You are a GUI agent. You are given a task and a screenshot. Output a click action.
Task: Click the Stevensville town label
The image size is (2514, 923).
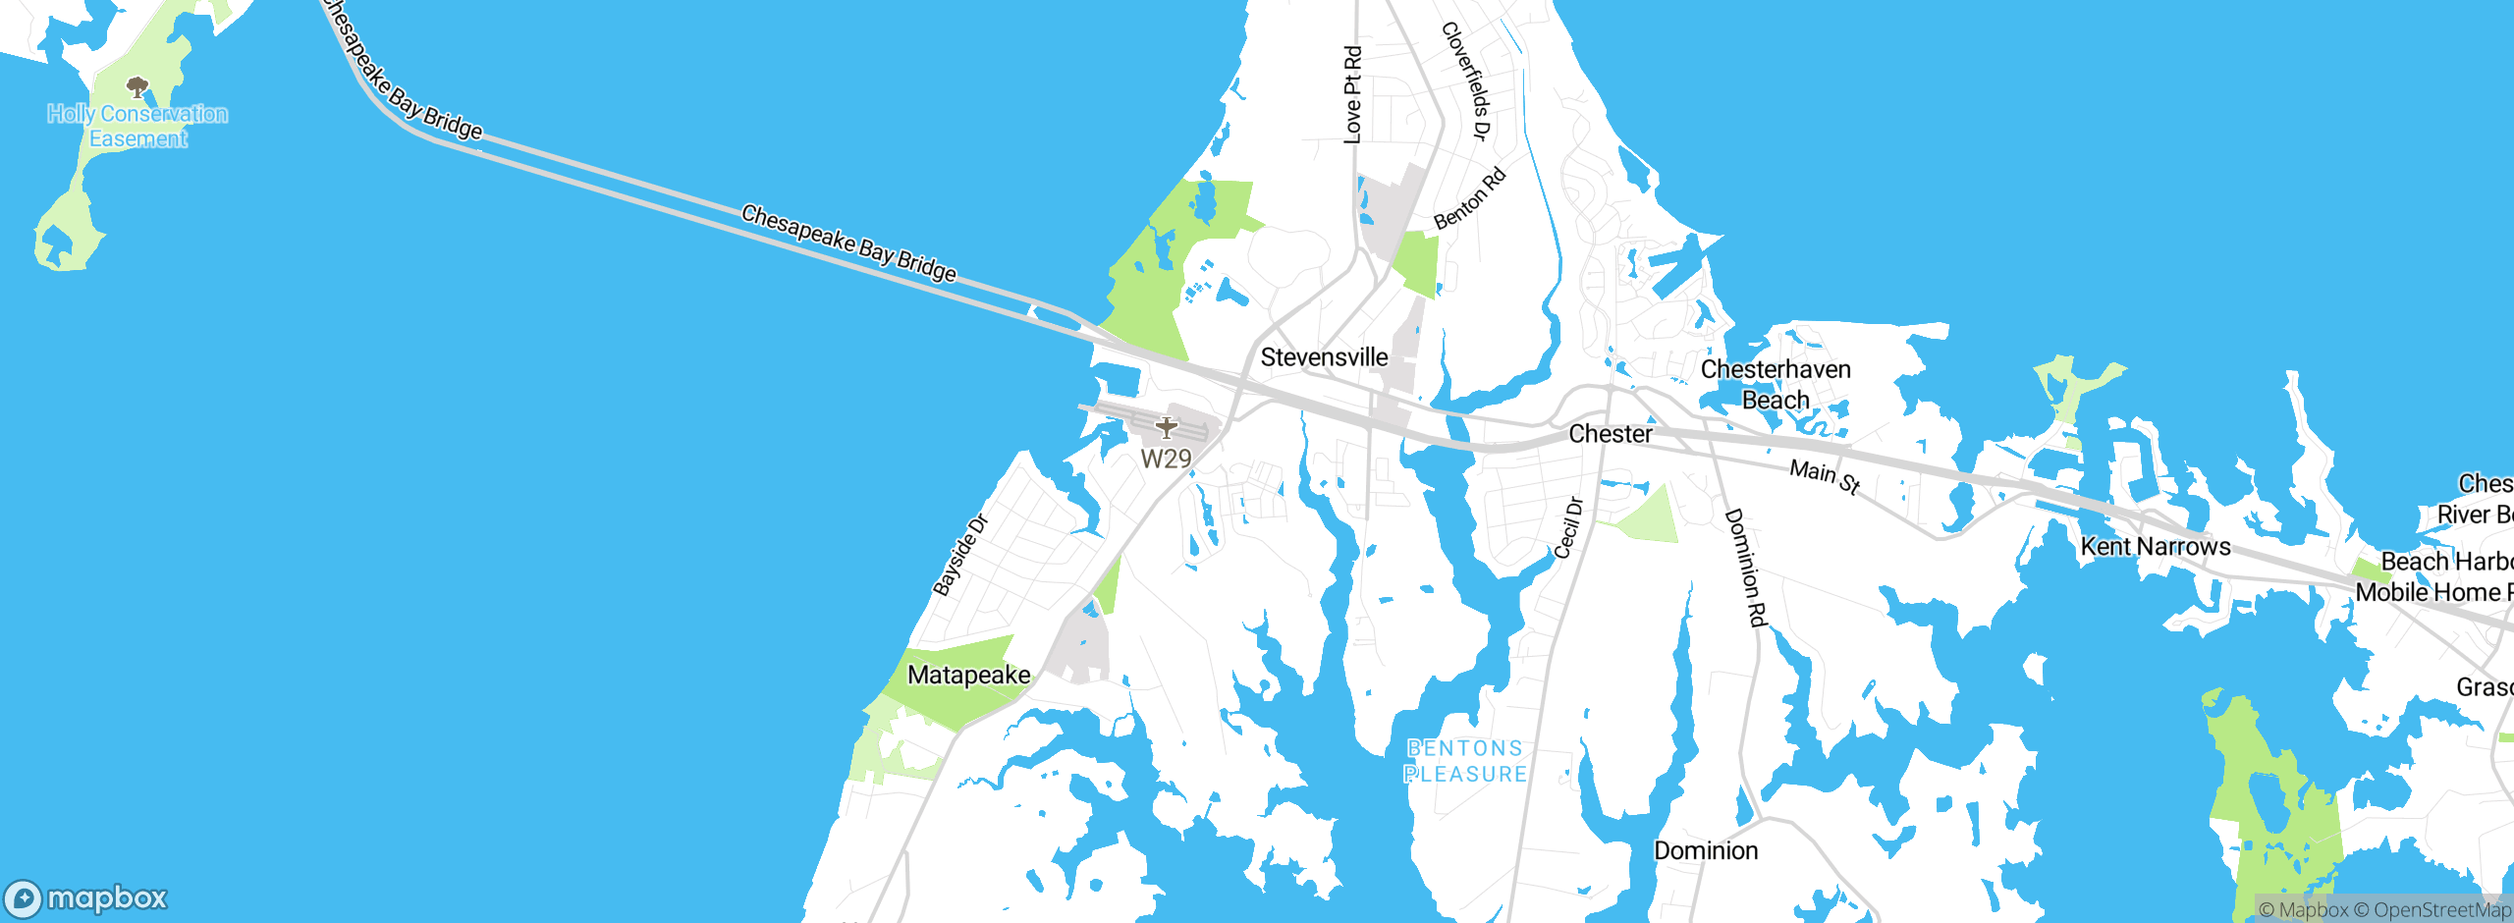click(1324, 357)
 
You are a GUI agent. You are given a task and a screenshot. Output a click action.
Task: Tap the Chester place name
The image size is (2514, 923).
click(1611, 434)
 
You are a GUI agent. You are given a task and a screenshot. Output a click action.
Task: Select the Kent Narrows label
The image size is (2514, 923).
click(2156, 547)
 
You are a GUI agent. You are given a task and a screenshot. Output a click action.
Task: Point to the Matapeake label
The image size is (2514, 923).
click(968, 676)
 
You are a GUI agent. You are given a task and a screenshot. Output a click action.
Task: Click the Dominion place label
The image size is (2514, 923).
click(1706, 850)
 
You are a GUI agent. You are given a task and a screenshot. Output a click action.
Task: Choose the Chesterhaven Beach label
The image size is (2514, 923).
click(1776, 385)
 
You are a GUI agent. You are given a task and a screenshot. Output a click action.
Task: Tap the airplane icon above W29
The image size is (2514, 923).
click(1166, 428)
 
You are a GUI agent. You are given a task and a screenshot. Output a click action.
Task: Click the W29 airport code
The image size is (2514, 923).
click(1166, 459)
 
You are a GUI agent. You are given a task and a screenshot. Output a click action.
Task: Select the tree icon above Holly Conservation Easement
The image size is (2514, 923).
click(137, 88)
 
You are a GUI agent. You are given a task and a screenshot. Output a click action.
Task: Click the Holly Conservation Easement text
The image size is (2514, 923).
click(137, 127)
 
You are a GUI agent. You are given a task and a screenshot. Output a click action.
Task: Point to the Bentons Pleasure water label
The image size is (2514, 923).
click(1465, 762)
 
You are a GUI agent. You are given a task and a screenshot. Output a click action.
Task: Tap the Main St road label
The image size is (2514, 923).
click(1825, 477)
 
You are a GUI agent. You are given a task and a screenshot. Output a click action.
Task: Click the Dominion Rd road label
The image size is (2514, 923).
click(1745, 568)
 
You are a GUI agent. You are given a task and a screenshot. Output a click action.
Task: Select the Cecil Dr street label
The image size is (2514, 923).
click(1568, 528)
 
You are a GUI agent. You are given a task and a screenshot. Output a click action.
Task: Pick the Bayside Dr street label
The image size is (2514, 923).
click(958, 557)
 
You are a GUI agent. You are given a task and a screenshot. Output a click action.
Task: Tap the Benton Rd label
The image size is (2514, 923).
click(1469, 199)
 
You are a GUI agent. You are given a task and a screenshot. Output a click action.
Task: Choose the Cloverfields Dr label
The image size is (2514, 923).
click(1466, 81)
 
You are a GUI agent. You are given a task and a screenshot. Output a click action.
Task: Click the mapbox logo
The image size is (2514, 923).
click(86, 898)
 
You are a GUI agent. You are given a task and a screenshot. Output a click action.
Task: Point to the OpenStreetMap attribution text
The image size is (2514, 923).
click(2440, 910)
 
